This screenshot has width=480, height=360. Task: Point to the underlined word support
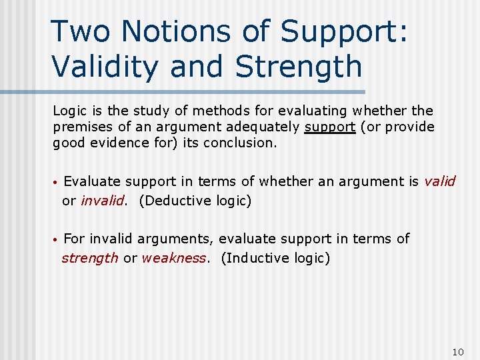pos(330,127)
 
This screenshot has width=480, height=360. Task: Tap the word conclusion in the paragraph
pos(239,143)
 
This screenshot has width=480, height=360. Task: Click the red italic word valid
pos(439,181)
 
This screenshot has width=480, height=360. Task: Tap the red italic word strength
pos(90,258)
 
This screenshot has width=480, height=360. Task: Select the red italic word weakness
pos(174,258)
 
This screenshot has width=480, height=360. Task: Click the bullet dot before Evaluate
pos(57,182)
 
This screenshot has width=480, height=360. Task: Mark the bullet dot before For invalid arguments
pos(57,239)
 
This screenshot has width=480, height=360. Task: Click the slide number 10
pos(457,351)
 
